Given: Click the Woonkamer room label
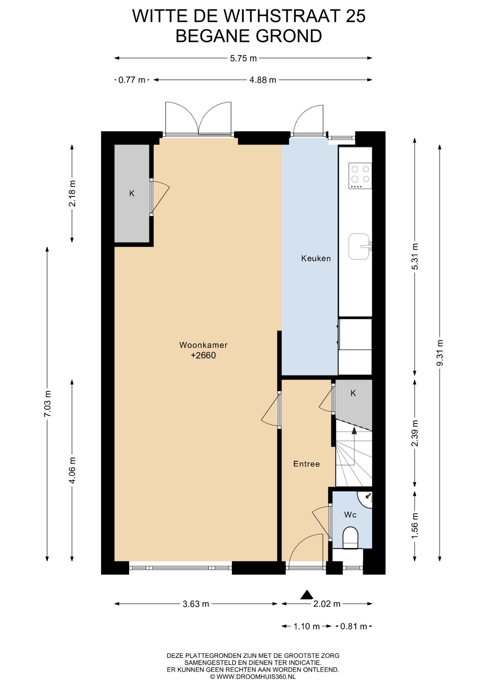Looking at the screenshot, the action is (203, 345).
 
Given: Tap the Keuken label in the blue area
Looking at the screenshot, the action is (316, 258).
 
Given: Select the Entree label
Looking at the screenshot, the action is (307, 464).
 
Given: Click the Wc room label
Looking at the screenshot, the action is (350, 515).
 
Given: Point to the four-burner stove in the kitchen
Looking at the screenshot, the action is (360, 176).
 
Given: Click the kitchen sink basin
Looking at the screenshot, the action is (359, 247).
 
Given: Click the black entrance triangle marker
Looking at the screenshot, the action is (307, 595).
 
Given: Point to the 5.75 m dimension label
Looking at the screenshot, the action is (243, 58).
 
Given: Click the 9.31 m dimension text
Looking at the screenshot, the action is (440, 353).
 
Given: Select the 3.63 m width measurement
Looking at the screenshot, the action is (196, 604).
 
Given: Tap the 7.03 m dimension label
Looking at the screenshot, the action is (47, 404).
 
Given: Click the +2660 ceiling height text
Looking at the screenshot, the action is (203, 355).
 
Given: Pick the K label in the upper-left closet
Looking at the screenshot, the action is (132, 193).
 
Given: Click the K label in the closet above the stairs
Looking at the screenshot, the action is (353, 393).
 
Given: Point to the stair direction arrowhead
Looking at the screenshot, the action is (354, 430).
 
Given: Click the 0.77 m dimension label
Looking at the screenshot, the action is (132, 80).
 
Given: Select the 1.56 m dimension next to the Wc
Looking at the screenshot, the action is (415, 525).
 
